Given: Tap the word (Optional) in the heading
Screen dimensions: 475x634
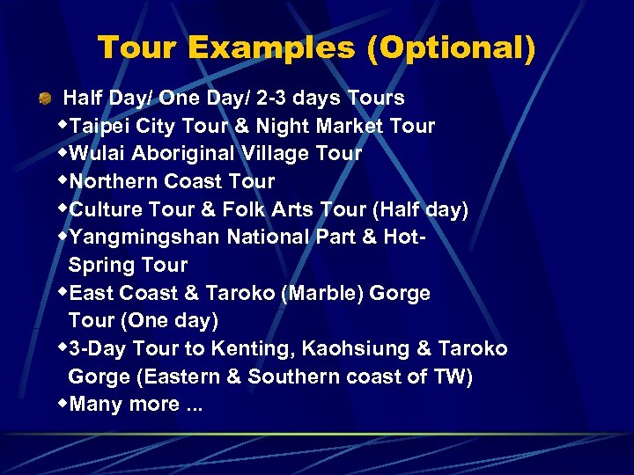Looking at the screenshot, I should coord(452,47).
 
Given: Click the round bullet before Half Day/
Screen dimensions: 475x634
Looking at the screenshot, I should coord(43,99).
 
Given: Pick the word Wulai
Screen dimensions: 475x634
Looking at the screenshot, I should coord(98,153).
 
